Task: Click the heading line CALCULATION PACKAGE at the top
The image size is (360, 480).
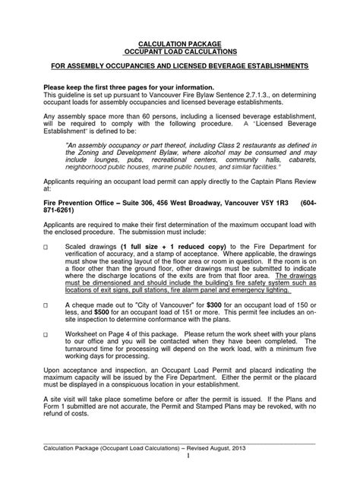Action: (x=180, y=45)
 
